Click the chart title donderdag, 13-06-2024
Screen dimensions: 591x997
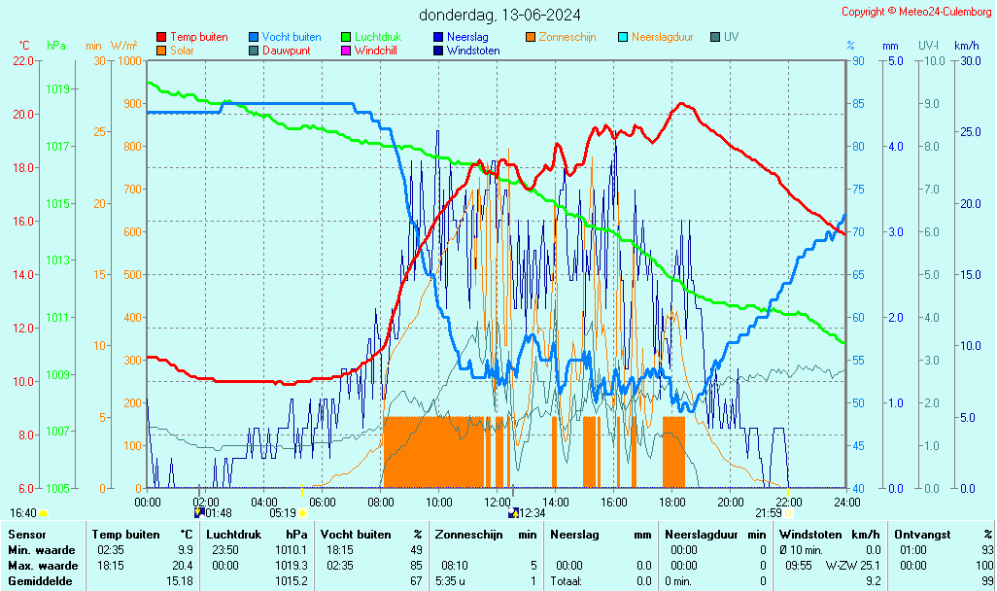click(500, 15)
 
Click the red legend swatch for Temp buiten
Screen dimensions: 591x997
click(161, 37)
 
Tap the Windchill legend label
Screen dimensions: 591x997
click(375, 51)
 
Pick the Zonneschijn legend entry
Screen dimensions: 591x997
click(567, 37)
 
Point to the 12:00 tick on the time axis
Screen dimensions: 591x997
click(498, 502)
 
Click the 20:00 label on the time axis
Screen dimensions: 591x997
click(731, 502)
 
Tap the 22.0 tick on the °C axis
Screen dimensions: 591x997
click(21, 60)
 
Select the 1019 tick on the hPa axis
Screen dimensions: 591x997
click(57, 88)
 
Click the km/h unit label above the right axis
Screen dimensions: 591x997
click(966, 46)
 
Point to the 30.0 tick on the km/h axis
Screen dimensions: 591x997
click(969, 60)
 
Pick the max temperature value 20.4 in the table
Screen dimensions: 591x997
click(182, 565)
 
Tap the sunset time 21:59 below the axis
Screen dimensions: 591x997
click(769, 513)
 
